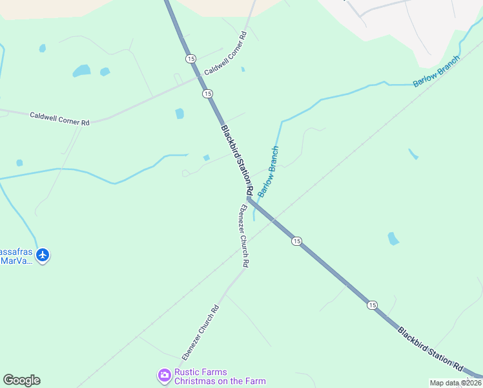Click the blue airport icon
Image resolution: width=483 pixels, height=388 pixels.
(43, 255)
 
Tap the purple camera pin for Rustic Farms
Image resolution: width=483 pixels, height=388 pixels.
(164, 374)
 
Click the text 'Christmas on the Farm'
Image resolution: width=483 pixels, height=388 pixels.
(220, 381)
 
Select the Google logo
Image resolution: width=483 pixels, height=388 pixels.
(22, 380)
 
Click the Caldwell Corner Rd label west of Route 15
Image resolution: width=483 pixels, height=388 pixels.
(59, 118)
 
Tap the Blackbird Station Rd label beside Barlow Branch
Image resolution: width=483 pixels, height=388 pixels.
(236, 161)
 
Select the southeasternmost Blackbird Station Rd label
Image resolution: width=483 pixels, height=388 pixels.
(431, 350)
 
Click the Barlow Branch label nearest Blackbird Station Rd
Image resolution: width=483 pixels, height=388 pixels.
(269, 171)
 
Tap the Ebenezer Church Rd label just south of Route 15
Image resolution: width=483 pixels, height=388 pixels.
(244, 236)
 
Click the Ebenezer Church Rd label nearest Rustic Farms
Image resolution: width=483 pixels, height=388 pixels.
(201, 332)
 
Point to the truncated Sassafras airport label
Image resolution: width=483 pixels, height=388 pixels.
(15, 256)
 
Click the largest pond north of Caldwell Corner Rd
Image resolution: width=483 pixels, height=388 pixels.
(81, 70)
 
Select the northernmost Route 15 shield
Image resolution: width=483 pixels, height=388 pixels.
(190, 59)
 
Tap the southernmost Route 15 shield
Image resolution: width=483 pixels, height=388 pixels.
(372, 305)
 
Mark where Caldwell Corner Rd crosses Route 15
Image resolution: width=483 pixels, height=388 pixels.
(200, 78)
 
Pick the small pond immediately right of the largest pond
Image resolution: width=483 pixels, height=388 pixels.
(105, 72)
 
